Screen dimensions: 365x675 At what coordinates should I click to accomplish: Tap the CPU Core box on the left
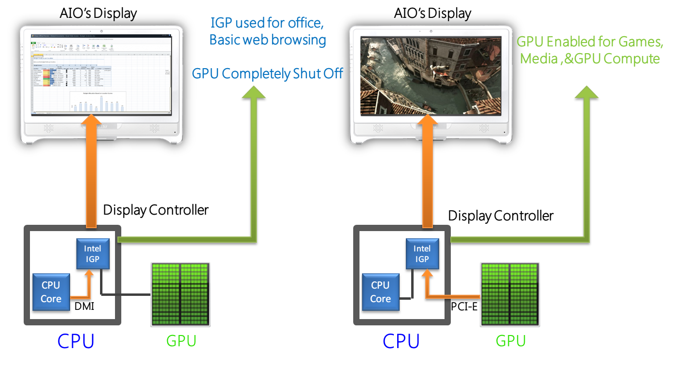pos(51,292)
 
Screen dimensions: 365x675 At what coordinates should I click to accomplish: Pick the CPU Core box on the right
pos(380,292)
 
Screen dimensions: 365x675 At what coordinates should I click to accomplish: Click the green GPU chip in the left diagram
pos(180,293)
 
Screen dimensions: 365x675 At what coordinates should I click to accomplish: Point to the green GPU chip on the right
pos(510,293)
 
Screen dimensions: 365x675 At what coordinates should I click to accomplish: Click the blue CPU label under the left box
pos(76,341)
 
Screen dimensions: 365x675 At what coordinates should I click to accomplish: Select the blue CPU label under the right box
pos(401,341)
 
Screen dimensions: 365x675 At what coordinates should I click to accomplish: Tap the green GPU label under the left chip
pos(181,341)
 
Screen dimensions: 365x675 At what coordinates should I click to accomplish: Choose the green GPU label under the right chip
pos(511,341)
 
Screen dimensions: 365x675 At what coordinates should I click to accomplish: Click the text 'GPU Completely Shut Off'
pos(267,74)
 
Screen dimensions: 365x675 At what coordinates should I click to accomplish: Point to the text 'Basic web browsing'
pos(267,40)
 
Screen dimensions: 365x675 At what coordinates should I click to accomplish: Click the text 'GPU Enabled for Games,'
pos(589,42)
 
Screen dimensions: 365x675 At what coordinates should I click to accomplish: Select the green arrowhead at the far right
pos(586,91)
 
